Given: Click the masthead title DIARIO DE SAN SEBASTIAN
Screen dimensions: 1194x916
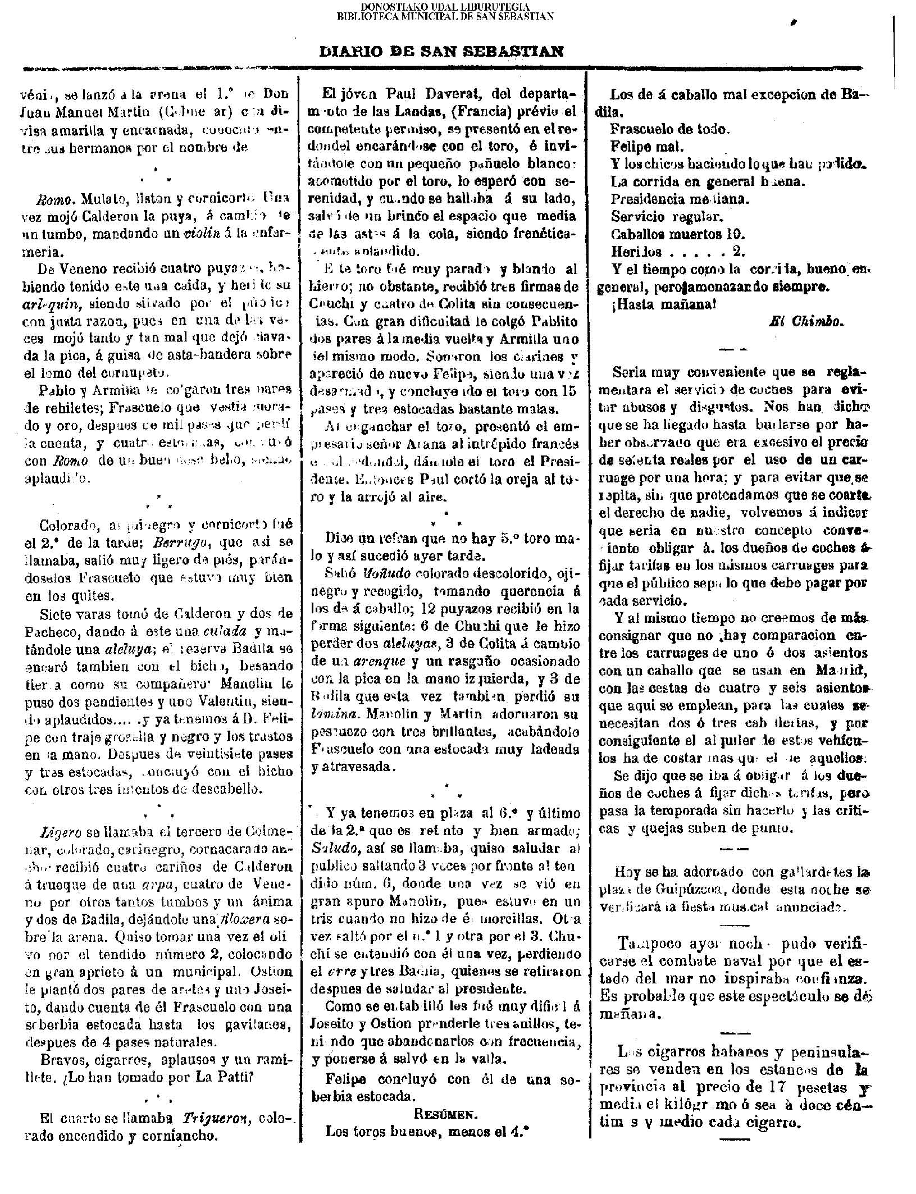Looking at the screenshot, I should point(441,52).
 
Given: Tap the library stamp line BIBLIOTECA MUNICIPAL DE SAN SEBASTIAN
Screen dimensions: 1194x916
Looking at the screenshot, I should point(445,16).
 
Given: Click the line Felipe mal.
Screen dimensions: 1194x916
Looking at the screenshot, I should point(646,147).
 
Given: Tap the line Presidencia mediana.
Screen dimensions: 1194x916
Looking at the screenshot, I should point(680,199).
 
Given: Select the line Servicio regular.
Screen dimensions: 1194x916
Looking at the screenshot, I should point(666,216).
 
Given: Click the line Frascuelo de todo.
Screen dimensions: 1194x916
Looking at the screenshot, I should point(670,129).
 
